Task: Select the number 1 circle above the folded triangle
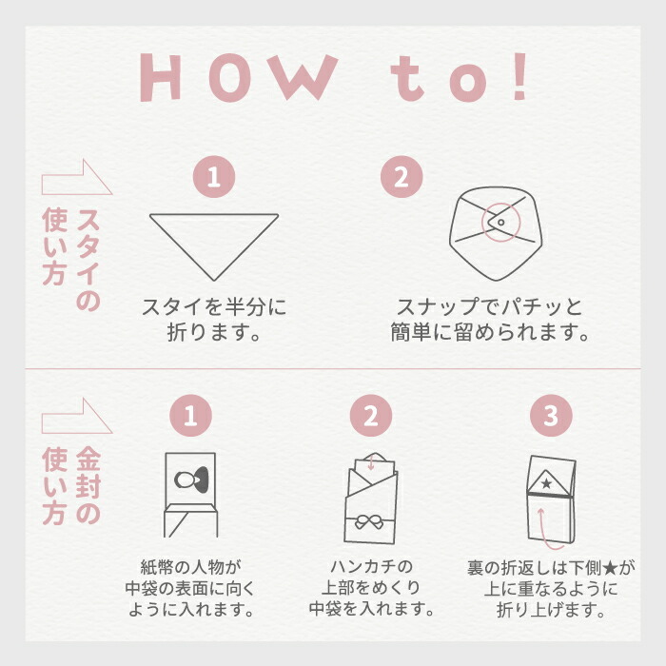point(214,177)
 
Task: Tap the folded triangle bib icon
point(214,240)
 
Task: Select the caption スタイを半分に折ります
point(214,321)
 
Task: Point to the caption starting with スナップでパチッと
point(489,321)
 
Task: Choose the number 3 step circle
point(552,415)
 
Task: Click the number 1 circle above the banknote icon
point(190,415)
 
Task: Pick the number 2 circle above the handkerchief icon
point(371,415)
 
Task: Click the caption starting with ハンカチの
point(371,588)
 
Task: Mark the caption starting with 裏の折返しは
point(552,588)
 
